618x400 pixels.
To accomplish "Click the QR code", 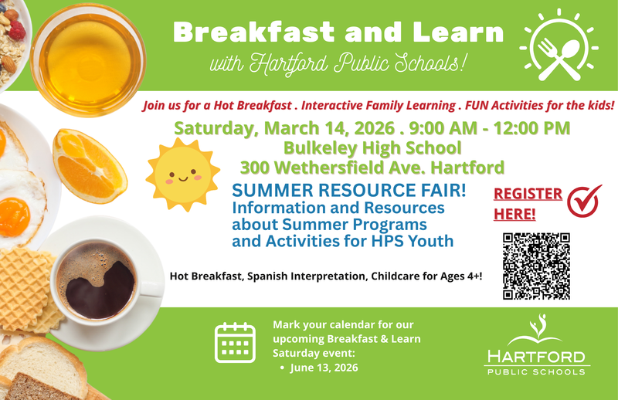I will (x=536, y=266).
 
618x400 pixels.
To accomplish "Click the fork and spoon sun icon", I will (x=559, y=46).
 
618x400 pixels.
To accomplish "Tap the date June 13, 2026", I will (x=324, y=368).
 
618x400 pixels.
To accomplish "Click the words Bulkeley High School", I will (x=372, y=147).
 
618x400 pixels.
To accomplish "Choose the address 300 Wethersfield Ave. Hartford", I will (x=372, y=167).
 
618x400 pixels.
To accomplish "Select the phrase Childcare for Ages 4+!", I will (x=424, y=275).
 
